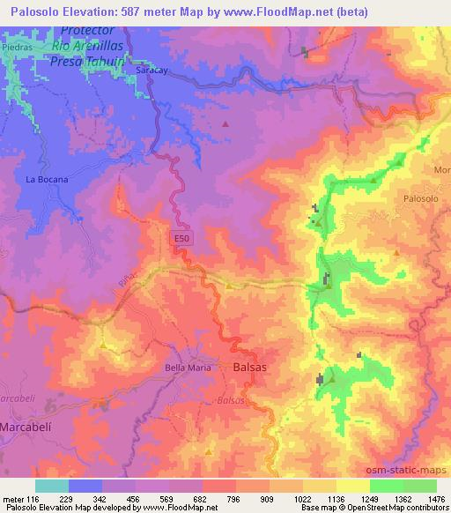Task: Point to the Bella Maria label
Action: (x=189, y=368)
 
